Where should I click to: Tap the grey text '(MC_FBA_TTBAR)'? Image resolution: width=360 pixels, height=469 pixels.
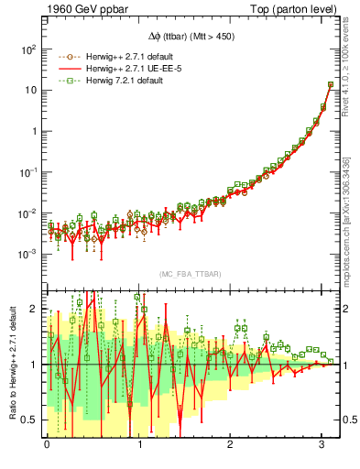191,274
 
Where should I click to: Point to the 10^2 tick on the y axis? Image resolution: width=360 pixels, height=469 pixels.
27,49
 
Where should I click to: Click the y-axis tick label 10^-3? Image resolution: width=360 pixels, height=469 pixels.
27,253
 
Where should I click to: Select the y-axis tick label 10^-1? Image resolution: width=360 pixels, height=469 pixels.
27,171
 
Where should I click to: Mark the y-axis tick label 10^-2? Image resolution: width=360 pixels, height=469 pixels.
27,213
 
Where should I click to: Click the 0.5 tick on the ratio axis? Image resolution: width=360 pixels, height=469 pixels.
29,420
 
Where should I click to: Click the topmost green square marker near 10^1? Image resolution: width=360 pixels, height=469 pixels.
331,85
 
